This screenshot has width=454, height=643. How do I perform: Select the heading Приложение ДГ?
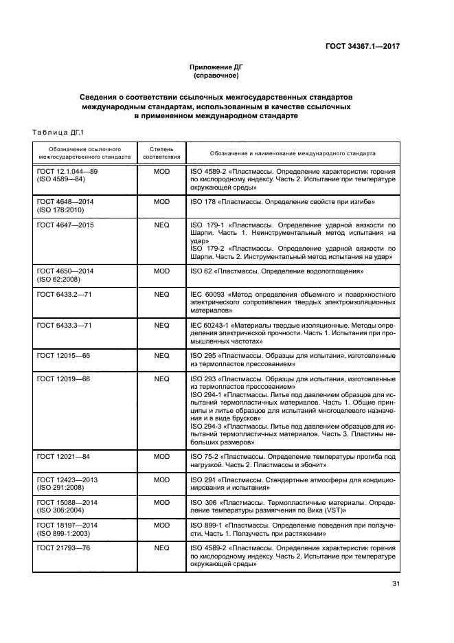(x=216, y=67)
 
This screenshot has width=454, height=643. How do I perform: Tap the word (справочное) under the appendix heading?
(x=216, y=76)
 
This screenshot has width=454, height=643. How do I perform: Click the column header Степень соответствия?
(x=161, y=153)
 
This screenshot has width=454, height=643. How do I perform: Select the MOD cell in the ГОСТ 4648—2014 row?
(x=161, y=203)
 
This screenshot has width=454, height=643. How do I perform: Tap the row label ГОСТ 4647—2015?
(x=65, y=225)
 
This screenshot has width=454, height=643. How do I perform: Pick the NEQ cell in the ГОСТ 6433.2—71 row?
(x=161, y=294)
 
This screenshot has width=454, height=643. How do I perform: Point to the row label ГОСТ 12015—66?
(x=63, y=357)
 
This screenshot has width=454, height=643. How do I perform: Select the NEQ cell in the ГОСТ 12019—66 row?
(x=161, y=379)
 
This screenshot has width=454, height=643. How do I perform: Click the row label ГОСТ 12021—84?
(x=63, y=456)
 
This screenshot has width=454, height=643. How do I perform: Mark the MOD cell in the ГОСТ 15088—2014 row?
(x=161, y=502)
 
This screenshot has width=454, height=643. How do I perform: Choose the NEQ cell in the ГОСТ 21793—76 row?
(x=161, y=549)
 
